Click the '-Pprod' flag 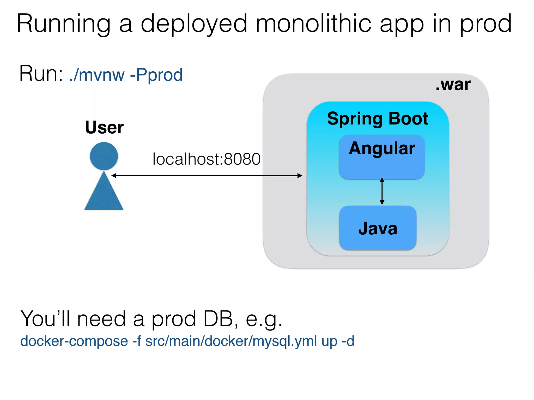(156, 75)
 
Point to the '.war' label (453, 85)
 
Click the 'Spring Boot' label (378, 118)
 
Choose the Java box (378, 228)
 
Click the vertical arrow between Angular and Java (382, 191)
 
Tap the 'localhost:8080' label (206, 159)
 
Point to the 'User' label (104, 127)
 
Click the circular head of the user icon (104, 156)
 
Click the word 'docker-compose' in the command (74, 341)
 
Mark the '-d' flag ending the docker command (348, 341)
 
